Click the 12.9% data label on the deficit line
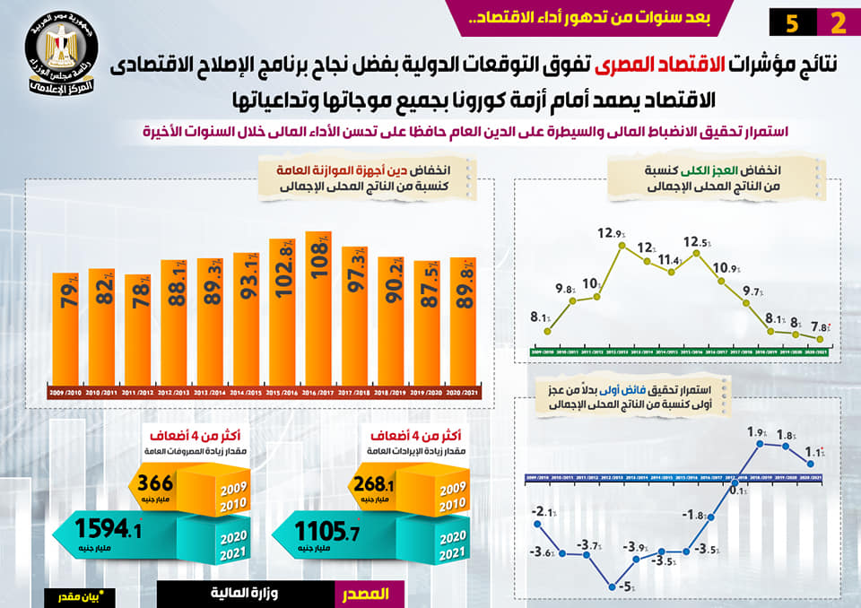tap(611, 234)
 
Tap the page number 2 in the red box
tap(838, 23)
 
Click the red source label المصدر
tap(368, 595)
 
